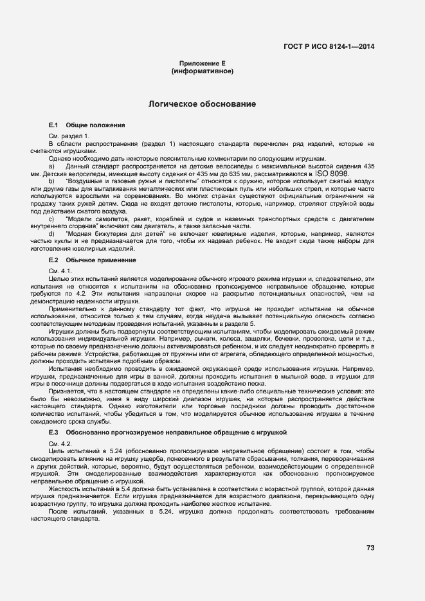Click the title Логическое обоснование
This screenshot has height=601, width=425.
[x=203, y=103]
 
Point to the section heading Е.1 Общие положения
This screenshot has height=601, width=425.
[x=87, y=125]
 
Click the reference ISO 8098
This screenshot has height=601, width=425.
[x=332, y=174]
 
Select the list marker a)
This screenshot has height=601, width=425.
[x=51, y=166]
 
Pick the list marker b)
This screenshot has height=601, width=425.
[x=51, y=182]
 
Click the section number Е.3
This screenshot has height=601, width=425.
[x=54, y=434]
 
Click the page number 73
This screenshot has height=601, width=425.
[x=370, y=548]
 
